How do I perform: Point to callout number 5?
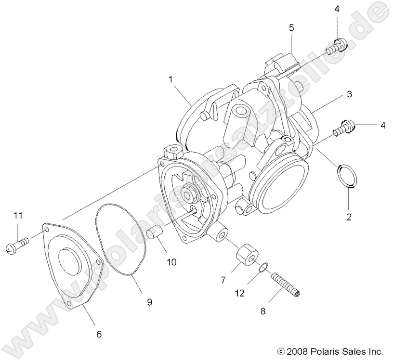click(291, 27)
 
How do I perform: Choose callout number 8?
click(262, 311)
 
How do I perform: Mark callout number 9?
click(149, 302)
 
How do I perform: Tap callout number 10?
click(172, 262)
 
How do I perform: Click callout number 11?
click(18, 215)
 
